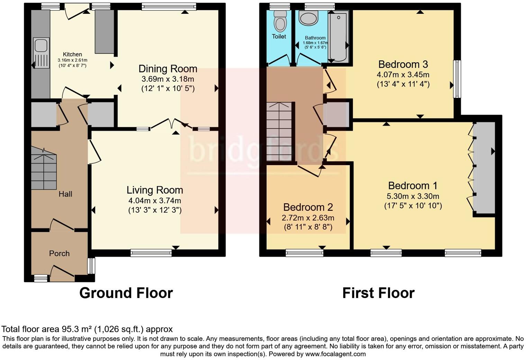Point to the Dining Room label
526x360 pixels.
168,69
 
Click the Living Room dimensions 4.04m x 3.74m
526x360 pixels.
155,200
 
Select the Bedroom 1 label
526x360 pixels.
413,186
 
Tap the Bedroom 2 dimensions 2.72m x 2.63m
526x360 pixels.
308,218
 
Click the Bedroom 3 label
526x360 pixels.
403,64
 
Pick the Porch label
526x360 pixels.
59,253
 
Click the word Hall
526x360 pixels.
65,194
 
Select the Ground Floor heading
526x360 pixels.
126,293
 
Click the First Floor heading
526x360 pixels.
378,293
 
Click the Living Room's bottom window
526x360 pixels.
151,253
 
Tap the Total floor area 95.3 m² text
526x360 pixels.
87,329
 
